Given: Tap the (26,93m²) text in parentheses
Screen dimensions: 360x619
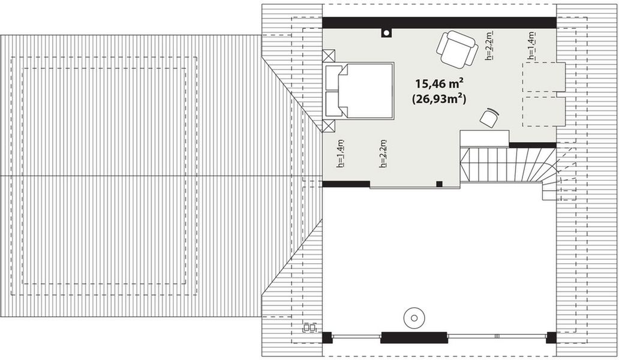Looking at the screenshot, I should click(x=440, y=99).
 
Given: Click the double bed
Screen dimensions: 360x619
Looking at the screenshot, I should click(x=359, y=91).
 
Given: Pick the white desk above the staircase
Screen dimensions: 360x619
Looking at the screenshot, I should click(x=484, y=139).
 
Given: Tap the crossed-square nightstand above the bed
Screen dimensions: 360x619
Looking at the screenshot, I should click(x=329, y=56).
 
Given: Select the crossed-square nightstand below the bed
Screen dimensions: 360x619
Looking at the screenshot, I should click(x=329, y=126).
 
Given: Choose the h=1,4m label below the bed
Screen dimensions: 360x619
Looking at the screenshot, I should click(x=340, y=154).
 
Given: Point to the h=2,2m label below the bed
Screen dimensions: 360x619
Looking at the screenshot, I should click(x=383, y=154).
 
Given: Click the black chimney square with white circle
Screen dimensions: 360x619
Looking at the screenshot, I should click(x=387, y=32).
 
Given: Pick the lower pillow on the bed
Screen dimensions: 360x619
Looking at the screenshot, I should click(x=333, y=104).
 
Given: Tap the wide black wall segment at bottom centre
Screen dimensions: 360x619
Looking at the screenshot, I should click(x=414, y=337).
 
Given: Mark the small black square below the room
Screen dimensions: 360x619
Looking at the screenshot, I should click(x=439, y=184).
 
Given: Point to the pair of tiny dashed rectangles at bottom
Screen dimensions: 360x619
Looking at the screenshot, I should click(x=309, y=328).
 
